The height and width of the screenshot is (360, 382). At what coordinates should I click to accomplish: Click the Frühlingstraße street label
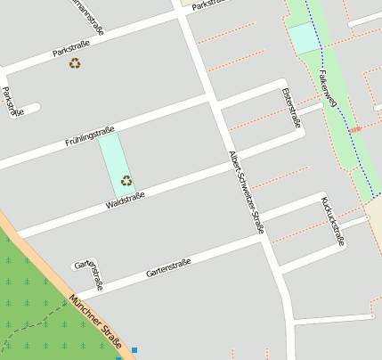[x=90, y=136]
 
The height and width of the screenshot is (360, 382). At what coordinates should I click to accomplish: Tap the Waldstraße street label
[x=126, y=198]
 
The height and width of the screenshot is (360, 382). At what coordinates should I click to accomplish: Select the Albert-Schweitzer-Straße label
[x=247, y=192]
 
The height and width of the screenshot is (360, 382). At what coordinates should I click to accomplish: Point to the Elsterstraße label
[x=291, y=109]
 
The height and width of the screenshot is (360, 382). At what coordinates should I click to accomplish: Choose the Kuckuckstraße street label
[x=332, y=221]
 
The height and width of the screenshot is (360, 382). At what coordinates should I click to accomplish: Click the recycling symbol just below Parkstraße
[x=75, y=63]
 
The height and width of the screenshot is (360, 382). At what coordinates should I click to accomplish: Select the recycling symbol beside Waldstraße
[x=126, y=180]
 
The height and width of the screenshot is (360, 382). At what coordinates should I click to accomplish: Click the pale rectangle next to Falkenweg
[x=303, y=37]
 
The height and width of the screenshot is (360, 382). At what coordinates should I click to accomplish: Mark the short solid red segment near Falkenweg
[x=355, y=130]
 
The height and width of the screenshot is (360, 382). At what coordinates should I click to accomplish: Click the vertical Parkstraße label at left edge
[x=12, y=102]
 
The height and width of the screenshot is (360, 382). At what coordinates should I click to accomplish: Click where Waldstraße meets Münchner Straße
[x=20, y=233]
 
